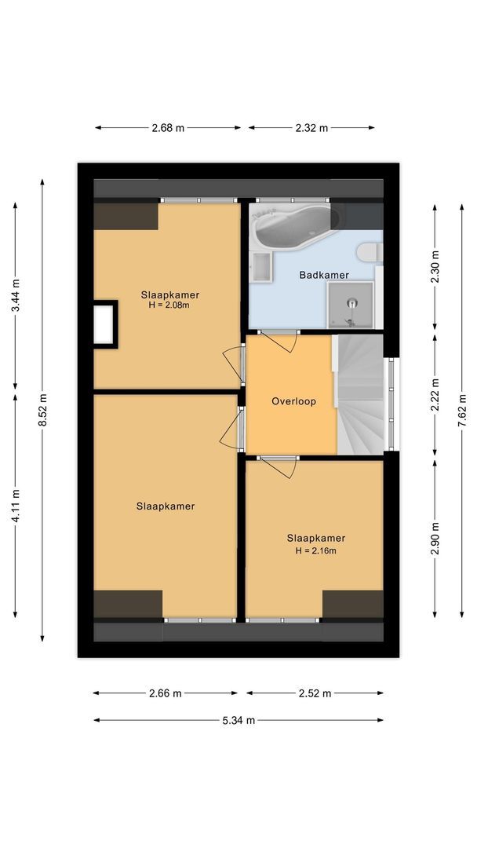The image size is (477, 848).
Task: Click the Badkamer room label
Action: pyautogui.click(x=324, y=275)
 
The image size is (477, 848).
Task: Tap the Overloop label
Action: pyautogui.click(x=293, y=401)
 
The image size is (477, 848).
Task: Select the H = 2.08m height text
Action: pyautogui.click(x=169, y=305)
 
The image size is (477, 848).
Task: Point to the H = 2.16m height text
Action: pyautogui.click(x=315, y=550)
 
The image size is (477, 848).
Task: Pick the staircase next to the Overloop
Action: pyautogui.click(x=359, y=394)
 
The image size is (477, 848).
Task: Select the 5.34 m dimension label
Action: pyautogui.click(x=238, y=720)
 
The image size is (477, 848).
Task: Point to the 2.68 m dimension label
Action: pyautogui.click(x=167, y=128)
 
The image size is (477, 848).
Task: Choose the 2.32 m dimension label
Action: pyautogui.click(x=311, y=128)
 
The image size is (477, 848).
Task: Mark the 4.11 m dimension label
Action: pyautogui.click(x=16, y=504)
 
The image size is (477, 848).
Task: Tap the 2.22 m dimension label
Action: pyautogui.click(x=435, y=395)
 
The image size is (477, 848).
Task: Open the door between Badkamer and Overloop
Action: pyautogui.click(x=279, y=340)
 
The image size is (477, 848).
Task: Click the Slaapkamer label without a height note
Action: pyautogui.click(x=165, y=506)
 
